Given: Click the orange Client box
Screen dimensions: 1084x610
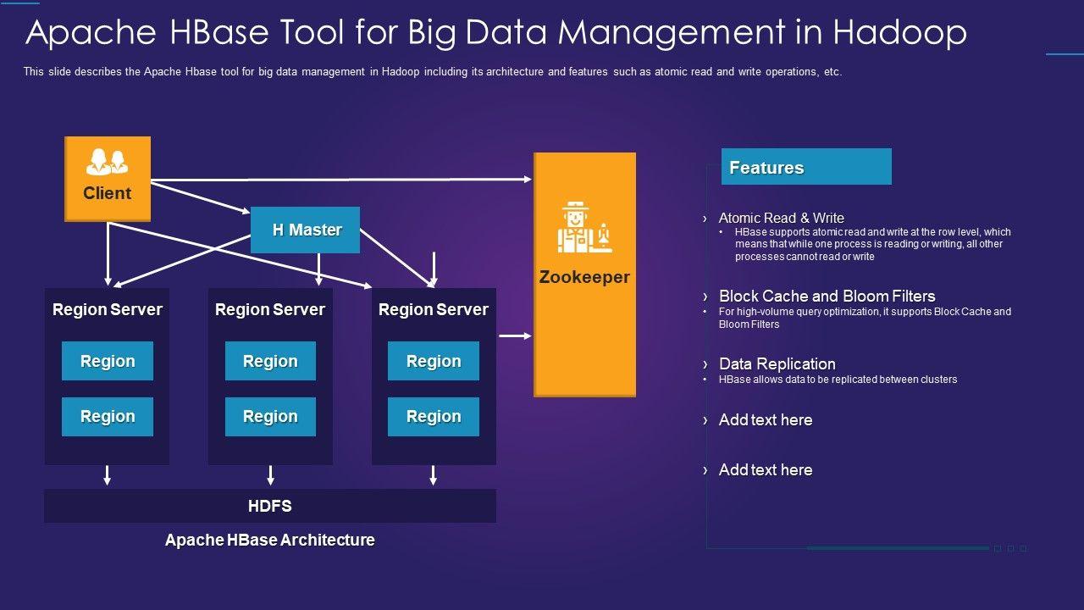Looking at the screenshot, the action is [x=108, y=179].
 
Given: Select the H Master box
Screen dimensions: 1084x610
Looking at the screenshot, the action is [x=305, y=230].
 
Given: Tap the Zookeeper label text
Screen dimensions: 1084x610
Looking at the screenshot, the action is [x=584, y=277].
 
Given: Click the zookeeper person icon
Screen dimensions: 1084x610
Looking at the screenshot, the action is [x=584, y=227].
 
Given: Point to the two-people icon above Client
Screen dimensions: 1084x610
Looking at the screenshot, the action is [x=107, y=162].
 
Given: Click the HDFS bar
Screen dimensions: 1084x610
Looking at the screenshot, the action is [x=270, y=506].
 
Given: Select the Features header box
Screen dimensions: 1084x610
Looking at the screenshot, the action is [x=806, y=167].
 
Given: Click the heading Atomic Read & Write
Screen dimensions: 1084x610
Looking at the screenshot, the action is [x=781, y=218].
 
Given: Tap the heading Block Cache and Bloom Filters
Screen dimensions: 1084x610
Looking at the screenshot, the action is [x=827, y=296].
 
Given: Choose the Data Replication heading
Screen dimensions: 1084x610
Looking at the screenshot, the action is [x=777, y=363].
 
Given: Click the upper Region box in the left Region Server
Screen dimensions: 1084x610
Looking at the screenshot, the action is [x=108, y=361].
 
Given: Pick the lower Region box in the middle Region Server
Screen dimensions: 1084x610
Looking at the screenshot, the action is [x=270, y=417].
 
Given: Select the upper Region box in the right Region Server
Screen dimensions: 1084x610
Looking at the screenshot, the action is [x=434, y=361].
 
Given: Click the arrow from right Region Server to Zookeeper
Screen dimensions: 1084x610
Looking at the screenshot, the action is [x=516, y=335].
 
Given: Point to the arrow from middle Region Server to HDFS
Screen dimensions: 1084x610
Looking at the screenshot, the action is [x=270, y=475].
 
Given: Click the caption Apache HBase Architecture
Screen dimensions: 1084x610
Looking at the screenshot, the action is [x=270, y=540].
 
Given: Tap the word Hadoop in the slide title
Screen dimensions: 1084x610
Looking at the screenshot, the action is [x=899, y=33].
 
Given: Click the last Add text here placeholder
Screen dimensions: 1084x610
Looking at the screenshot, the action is [x=766, y=469].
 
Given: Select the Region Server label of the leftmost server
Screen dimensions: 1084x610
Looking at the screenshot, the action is [x=108, y=309].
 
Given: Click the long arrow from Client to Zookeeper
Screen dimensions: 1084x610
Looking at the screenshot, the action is [x=341, y=180].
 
